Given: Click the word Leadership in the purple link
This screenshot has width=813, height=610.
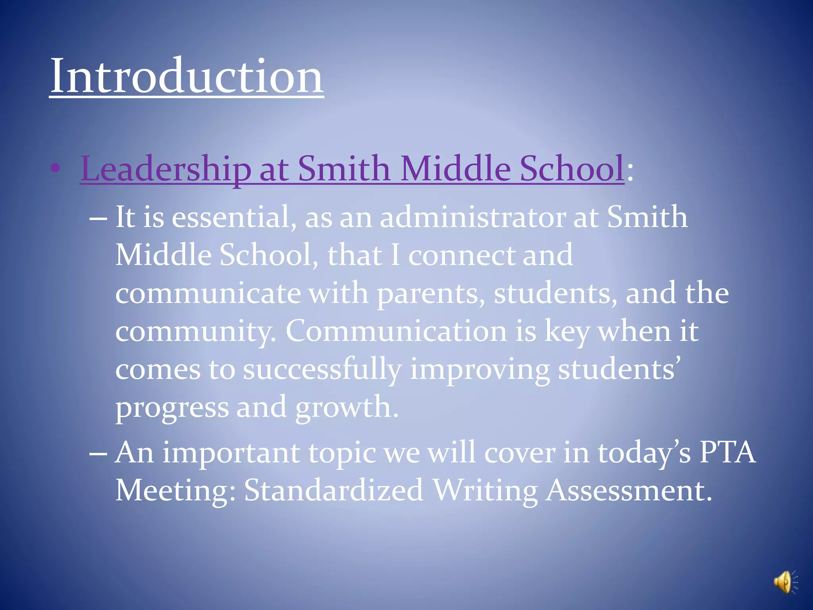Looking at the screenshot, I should [x=166, y=169].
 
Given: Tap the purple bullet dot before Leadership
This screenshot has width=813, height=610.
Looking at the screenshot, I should [x=56, y=168].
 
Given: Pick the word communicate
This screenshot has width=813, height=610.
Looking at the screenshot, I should [x=208, y=293].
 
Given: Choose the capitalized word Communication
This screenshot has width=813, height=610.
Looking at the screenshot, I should [x=396, y=331].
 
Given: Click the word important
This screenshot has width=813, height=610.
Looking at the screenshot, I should [x=231, y=453].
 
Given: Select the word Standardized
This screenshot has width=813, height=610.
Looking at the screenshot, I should [x=333, y=490].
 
